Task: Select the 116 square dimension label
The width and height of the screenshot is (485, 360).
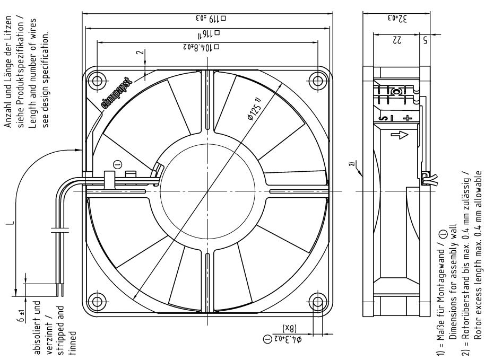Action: click(x=207, y=34)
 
